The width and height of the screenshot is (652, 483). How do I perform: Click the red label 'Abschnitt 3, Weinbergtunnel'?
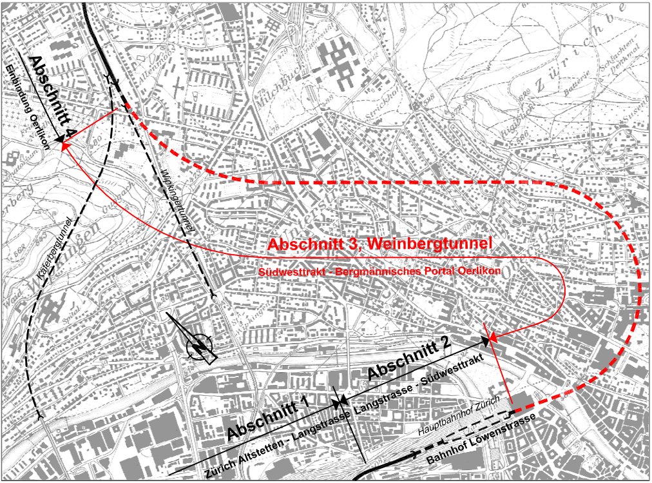pos(380,244)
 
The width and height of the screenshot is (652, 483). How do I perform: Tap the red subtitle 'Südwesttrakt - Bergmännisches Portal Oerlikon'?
pos(379,271)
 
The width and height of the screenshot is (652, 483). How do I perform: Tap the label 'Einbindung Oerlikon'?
pos(29,106)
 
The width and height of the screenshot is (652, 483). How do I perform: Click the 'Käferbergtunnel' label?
pos(62,239)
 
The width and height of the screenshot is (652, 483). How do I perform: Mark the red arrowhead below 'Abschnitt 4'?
pos(65,146)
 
